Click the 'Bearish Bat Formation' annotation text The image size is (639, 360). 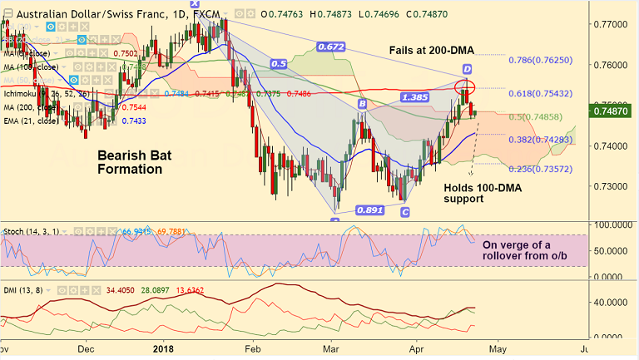click(128, 162)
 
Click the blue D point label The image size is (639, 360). click(467, 68)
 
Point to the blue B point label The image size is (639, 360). click(363, 104)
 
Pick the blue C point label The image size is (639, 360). click(405, 213)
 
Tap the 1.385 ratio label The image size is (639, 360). click(414, 97)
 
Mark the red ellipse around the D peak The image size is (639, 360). click(465, 86)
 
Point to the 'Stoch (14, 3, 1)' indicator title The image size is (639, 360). click(29, 230)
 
